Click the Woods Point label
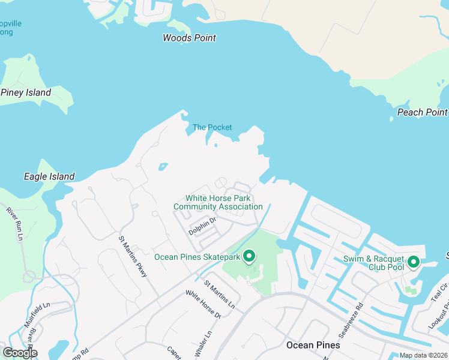[189, 38]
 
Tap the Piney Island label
[26, 92]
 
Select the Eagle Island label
[49, 176]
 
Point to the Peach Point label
[422, 112]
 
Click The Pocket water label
[212, 127]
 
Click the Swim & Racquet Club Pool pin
[413, 262]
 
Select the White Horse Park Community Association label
[218, 202]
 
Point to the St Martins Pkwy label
[133, 256]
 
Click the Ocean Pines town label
[313, 345]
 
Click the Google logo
[19, 353]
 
